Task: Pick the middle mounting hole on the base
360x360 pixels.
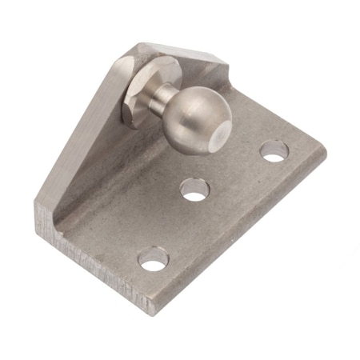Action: (x=194, y=190)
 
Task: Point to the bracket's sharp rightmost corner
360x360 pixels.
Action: (x=328, y=152)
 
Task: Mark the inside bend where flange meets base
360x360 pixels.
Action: (x=120, y=184)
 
